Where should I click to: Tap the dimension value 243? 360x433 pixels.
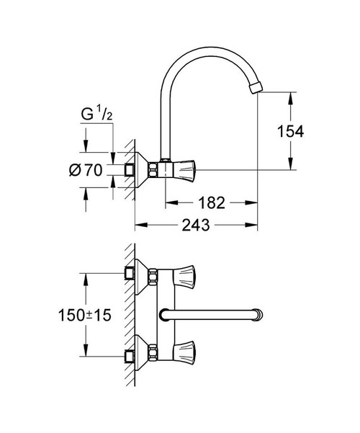pos(195,226)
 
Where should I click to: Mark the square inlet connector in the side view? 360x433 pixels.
pos(130,170)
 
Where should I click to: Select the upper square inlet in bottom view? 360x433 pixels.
pos(130,274)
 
